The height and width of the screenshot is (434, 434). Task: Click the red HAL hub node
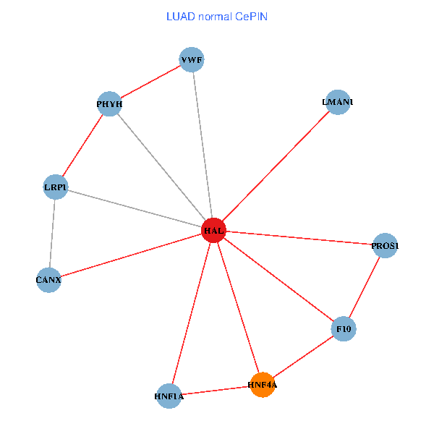pyautogui.click(x=213, y=230)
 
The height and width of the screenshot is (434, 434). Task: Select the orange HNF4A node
pyautogui.click(x=262, y=385)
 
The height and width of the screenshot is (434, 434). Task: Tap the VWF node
pyautogui.click(x=192, y=59)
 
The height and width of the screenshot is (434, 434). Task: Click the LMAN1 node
pyautogui.click(x=338, y=102)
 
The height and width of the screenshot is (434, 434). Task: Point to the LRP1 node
pyautogui.click(x=56, y=187)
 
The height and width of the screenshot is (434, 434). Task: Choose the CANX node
pyautogui.click(x=48, y=279)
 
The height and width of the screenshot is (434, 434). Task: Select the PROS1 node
pyautogui.click(x=385, y=246)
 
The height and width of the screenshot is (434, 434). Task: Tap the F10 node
pyautogui.click(x=343, y=329)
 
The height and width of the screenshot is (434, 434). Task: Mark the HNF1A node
pyautogui.click(x=169, y=396)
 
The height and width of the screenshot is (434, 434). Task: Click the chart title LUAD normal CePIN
pyautogui.click(x=216, y=16)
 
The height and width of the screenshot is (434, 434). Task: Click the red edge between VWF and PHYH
pyautogui.click(x=150, y=82)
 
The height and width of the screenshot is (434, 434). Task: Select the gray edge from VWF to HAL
pyautogui.click(x=203, y=145)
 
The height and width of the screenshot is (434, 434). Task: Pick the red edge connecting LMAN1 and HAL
pyautogui.click(x=276, y=166)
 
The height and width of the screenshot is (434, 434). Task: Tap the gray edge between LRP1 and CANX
pyautogui.click(x=52, y=233)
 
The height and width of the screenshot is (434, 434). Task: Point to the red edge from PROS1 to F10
pyautogui.click(x=364, y=288)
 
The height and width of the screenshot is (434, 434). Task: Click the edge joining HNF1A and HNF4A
pyautogui.click(x=216, y=391)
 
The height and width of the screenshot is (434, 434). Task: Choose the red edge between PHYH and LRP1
pyautogui.click(x=82, y=145)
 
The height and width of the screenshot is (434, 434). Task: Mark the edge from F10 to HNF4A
pyautogui.click(x=302, y=357)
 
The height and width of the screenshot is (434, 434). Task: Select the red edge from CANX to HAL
pyautogui.click(x=131, y=255)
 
